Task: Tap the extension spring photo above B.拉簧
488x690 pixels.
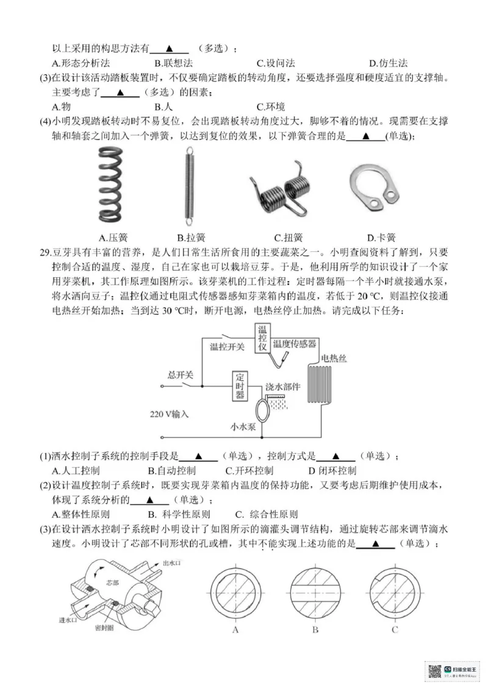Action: coord(189,185)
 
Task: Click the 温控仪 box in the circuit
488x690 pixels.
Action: coord(263,339)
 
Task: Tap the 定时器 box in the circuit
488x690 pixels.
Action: coord(240,386)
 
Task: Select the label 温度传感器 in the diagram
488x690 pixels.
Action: coord(295,344)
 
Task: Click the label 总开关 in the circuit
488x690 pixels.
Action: coord(181,373)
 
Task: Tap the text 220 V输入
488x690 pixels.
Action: coord(170,414)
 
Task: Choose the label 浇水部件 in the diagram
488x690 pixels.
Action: coord(282,388)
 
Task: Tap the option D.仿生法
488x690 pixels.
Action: coord(388,63)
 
